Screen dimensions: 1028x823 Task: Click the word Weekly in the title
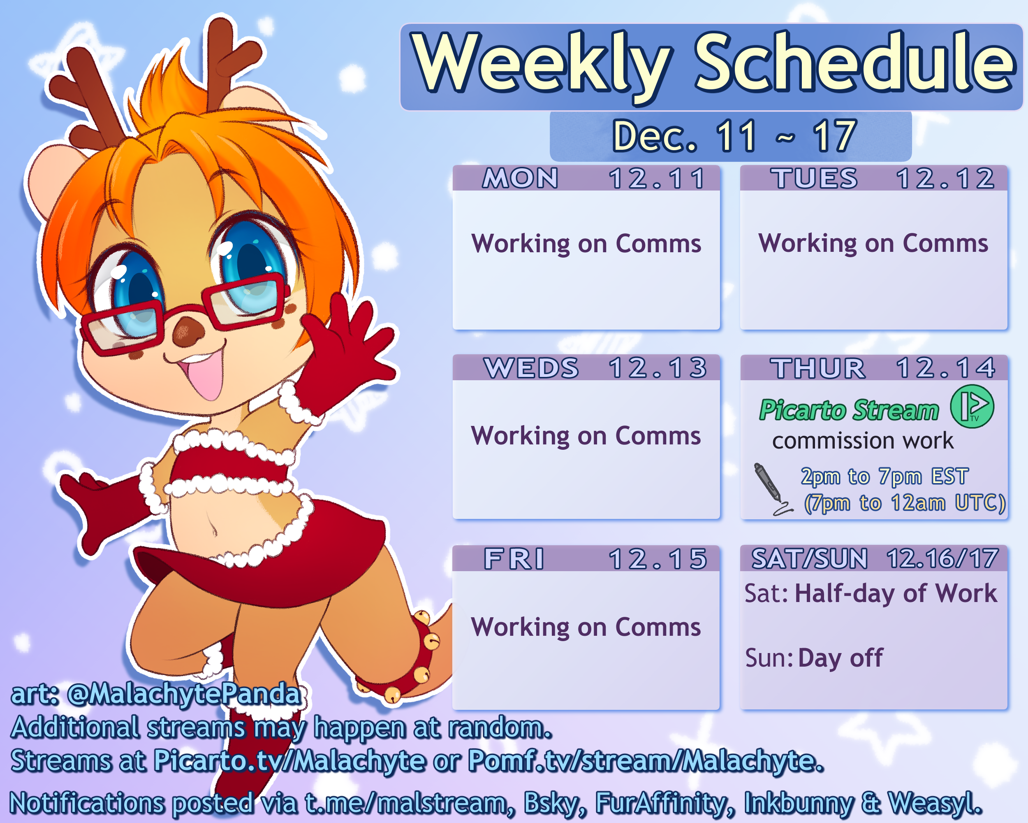pyautogui.click(x=541, y=65)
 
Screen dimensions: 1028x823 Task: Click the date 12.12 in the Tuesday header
pyautogui.click(x=945, y=179)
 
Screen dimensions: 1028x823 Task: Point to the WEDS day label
pyautogui.click(x=531, y=368)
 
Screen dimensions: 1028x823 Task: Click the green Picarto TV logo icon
pyautogui.click(x=972, y=407)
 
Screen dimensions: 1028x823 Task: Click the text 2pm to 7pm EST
pyautogui.click(x=884, y=477)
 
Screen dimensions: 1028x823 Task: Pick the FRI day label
pyautogui.click(x=514, y=559)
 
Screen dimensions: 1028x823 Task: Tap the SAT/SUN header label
pyautogui.click(x=810, y=559)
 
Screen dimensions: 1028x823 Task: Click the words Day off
pyautogui.click(x=840, y=658)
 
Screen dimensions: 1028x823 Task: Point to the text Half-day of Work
pyautogui.click(x=896, y=594)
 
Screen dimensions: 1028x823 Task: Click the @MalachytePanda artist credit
pyautogui.click(x=185, y=694)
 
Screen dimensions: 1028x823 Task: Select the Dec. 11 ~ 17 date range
pyautogui.click(x=734, y=136)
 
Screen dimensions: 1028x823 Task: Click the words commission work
pyautogui.click(x=863, y=440)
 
